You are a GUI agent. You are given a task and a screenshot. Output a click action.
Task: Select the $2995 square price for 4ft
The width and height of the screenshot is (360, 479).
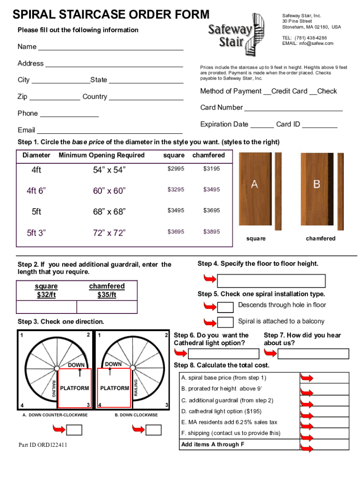[x=176, y=168]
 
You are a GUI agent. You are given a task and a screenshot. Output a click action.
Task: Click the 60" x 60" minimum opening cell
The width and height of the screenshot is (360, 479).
[x=109, y=190]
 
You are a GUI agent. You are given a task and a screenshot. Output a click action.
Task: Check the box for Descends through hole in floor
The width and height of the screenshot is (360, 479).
[x=226, y=307]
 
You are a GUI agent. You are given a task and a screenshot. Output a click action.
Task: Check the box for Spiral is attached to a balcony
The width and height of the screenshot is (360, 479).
[x=226, y=322]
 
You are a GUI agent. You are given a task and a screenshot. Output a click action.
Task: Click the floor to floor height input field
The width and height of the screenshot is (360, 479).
[x=271, y=281]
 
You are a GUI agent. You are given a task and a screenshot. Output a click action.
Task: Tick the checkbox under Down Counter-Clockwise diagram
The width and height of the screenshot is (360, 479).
[x=74, y=429]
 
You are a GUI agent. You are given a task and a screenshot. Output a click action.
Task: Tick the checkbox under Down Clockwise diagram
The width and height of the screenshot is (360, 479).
[x=153, y=429]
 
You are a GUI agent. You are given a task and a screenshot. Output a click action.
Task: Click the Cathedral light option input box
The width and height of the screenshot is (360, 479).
[x=216, y=354]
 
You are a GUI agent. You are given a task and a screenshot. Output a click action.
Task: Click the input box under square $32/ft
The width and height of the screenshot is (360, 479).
[x=46, y=307]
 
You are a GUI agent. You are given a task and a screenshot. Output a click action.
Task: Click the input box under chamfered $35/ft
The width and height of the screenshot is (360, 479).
[x=107, y=307]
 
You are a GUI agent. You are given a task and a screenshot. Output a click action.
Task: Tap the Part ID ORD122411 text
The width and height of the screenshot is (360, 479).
[x=43, y=445]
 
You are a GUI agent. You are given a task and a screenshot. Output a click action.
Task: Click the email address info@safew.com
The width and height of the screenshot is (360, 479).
[x=308, y=44]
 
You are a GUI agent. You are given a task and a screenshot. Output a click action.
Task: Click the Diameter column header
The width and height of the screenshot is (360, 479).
[x=36, y=155]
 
